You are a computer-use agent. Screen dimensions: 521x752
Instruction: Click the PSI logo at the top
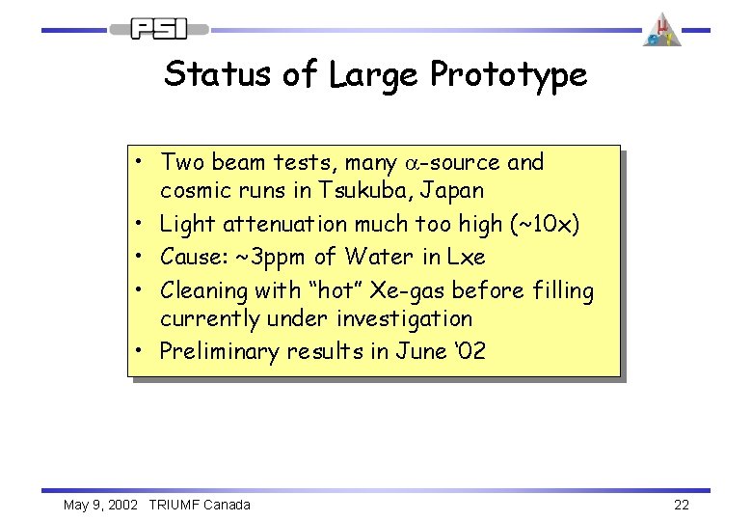[x=159, y=30]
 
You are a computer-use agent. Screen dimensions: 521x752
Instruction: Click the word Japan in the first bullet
[x=449, y=190]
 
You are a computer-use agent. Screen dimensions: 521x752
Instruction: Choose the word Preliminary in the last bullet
[x=220, y=352]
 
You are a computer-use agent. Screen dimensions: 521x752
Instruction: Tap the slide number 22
[x=681, y=505]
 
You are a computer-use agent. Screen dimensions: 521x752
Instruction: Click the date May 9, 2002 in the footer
[x=100, y=505]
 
